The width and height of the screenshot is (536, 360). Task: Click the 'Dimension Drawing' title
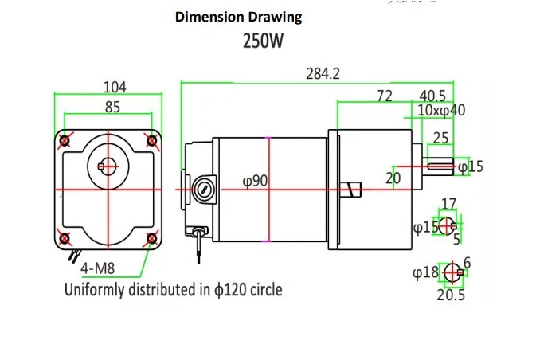(x=238, y=17)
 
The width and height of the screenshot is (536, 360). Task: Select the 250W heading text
(x=262, y=41)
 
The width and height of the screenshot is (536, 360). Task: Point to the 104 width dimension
(x=115, y=86)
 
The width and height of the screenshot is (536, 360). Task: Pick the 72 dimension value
(x=385, y=96)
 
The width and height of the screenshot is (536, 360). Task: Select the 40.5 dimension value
(x=432, y=96)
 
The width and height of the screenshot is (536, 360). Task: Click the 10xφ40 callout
(x=441, y=111)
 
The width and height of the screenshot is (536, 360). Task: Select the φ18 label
(x=425, y=272)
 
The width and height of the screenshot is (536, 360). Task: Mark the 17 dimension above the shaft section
(x=448, y=204)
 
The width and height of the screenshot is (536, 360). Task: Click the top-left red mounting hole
(x=65, y=141)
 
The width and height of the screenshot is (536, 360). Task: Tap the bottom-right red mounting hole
(x=151, y=237)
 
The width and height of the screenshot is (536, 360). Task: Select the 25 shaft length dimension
(x=440, y=138)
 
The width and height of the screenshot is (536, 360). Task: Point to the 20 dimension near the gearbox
(x=393, y=178)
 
